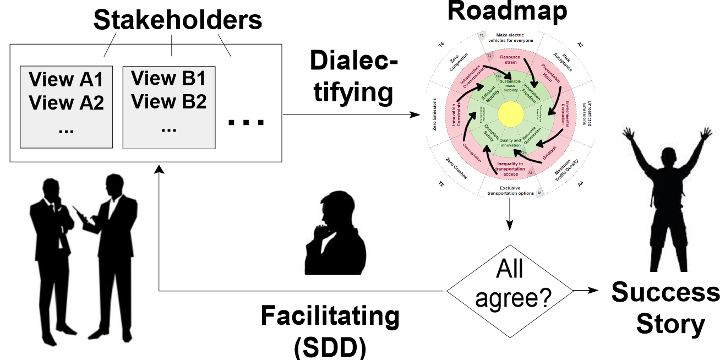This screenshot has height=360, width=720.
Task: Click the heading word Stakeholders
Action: [x=177, y=20]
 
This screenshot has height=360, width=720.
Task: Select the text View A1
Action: [x=67, y=80]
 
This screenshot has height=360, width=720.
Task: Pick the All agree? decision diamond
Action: [x=509, y=291]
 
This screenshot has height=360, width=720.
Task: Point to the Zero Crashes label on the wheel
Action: [x=456, y=167]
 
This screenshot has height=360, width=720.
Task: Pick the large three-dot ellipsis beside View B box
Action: [x=246, y=122]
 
